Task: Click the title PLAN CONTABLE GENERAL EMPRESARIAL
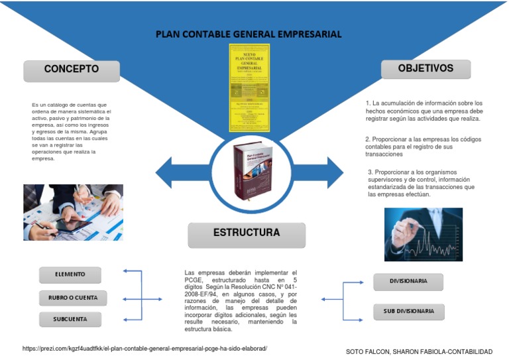click(249, 34)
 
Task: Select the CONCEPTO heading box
click(72, 70)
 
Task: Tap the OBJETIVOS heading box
click(425, 68)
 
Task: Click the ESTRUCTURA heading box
click(247, 233)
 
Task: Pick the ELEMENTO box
click(70, 274)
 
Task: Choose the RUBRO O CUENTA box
click(72, 298)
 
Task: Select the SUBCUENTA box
click(70, 320)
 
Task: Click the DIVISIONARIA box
click(408, 281)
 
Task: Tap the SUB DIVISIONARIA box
click(408, 311)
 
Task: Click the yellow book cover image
click(249, 88)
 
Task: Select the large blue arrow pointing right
click(317, 174)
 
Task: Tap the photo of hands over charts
click(73, 211)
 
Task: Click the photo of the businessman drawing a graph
click(423, 234)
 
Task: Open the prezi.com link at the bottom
click(144, 348)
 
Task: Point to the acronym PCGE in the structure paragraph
click(193, 280)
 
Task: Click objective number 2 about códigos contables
click(423, 146)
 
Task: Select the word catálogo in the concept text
click(59, 105)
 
